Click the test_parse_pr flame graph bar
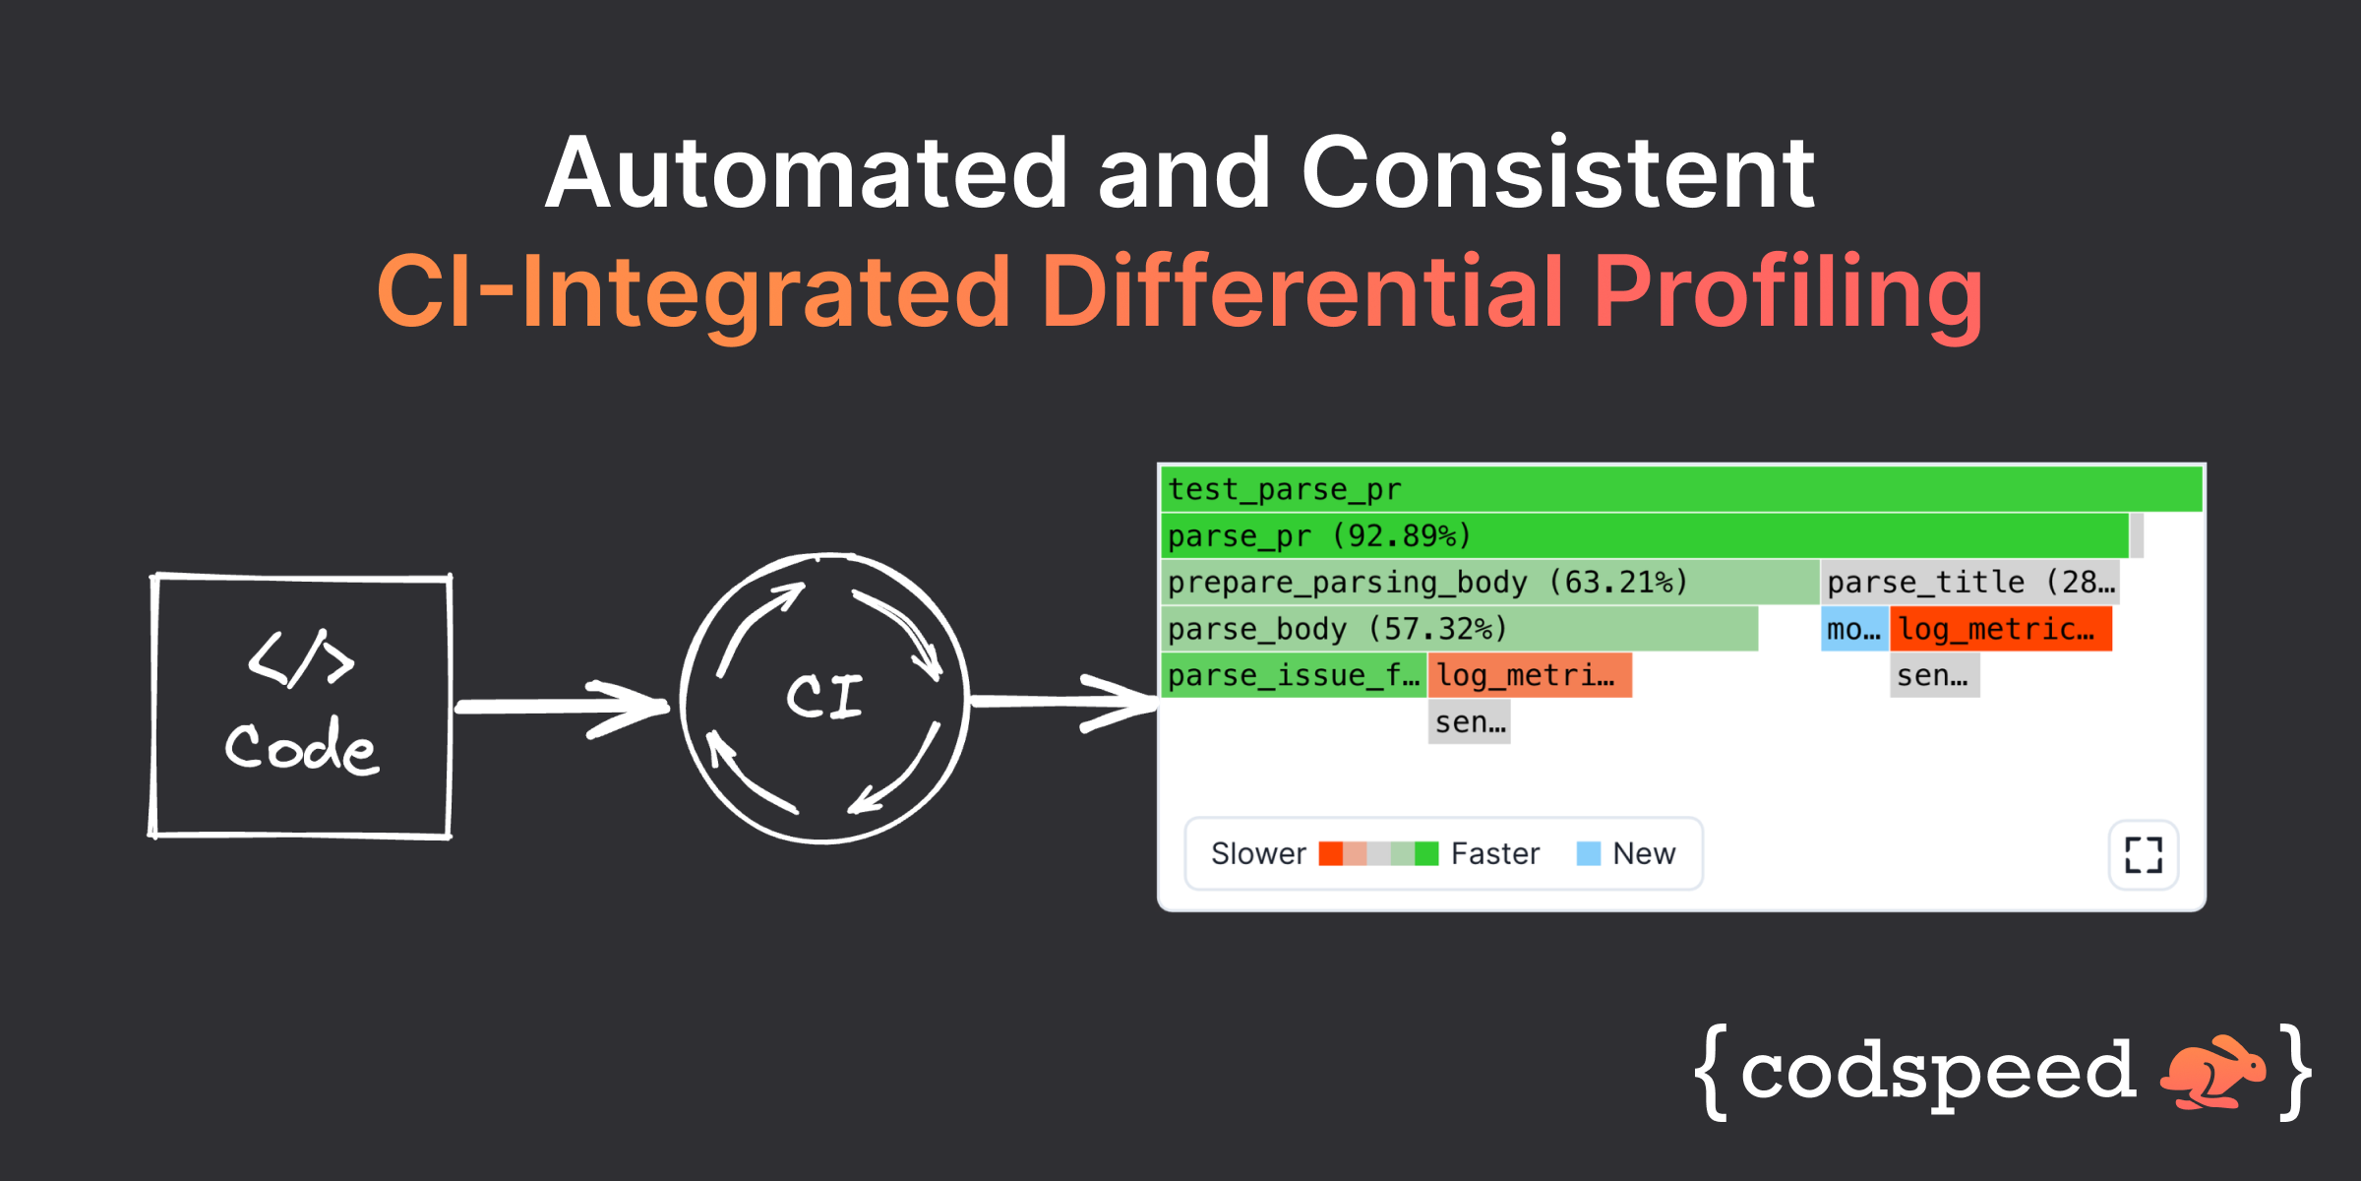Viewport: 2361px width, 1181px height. pos(1680,489)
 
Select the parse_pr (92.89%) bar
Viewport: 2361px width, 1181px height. pos(1643,535)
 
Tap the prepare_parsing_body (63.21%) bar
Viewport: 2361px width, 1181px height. pos(1489,582)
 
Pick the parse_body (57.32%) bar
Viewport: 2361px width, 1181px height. pos(1458,628)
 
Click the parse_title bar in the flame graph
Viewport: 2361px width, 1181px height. pos(1969,582)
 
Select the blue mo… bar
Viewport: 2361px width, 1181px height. pos(1853,628)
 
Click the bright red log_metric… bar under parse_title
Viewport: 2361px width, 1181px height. pos(2000,628)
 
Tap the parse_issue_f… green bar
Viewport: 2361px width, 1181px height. pos(1293,675)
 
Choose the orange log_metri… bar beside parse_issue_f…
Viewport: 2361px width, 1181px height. pos(1529,675)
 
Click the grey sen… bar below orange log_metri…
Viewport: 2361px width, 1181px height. pos(1469,721)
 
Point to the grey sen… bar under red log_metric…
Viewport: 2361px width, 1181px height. pos(1933,675)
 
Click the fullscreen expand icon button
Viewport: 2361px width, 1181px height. pos(2143,854)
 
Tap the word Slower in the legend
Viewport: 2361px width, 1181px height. pos(1258,853)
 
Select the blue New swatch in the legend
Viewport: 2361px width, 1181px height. pos(1588,853)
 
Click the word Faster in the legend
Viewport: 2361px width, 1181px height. pos(1494,853)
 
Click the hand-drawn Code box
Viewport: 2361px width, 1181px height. pos(301,706)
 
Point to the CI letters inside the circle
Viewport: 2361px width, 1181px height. pos(824,696)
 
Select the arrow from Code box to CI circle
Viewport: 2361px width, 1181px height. pos(561,707)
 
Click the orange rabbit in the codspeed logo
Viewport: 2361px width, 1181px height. pos(2210,1071)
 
